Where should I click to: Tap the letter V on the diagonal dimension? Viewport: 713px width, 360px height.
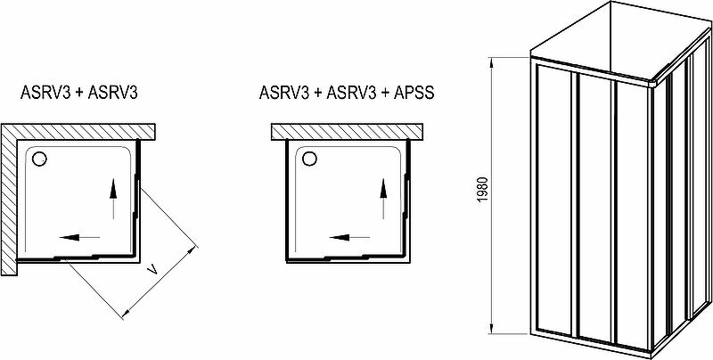(152, 266)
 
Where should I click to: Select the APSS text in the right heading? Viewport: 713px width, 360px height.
(414, 92)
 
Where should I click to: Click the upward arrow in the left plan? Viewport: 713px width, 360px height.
(113, 199)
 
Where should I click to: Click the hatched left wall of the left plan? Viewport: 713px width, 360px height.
(10, 196)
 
